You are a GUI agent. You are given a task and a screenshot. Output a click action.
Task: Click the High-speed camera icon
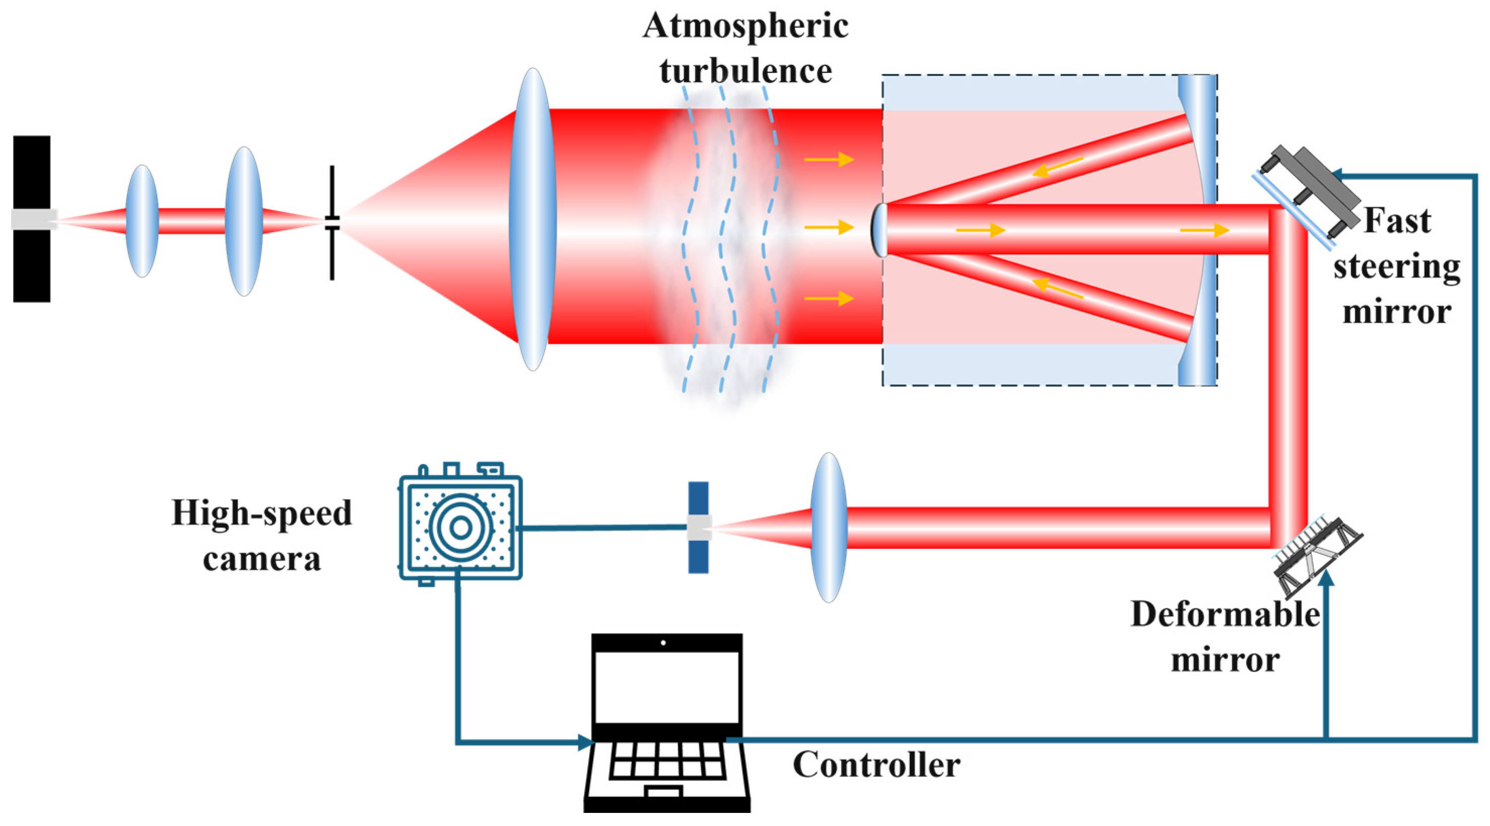point(460,527)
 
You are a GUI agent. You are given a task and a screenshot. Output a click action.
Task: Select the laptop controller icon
point(666,722)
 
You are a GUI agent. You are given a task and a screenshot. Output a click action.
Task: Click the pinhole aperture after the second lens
point(332,222)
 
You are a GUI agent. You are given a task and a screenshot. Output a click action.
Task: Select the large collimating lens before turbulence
point(533,219)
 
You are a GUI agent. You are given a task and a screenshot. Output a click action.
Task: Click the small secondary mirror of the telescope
point(879,230)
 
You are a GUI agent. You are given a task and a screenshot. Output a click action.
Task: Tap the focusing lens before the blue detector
point(829,527)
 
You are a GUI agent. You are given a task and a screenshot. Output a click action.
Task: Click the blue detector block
point(698,527)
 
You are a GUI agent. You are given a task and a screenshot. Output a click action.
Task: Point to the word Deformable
point(1225,615)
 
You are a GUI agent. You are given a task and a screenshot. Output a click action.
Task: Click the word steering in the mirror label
point(1396,267)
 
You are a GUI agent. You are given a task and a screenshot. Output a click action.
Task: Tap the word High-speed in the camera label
point(261,513)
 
